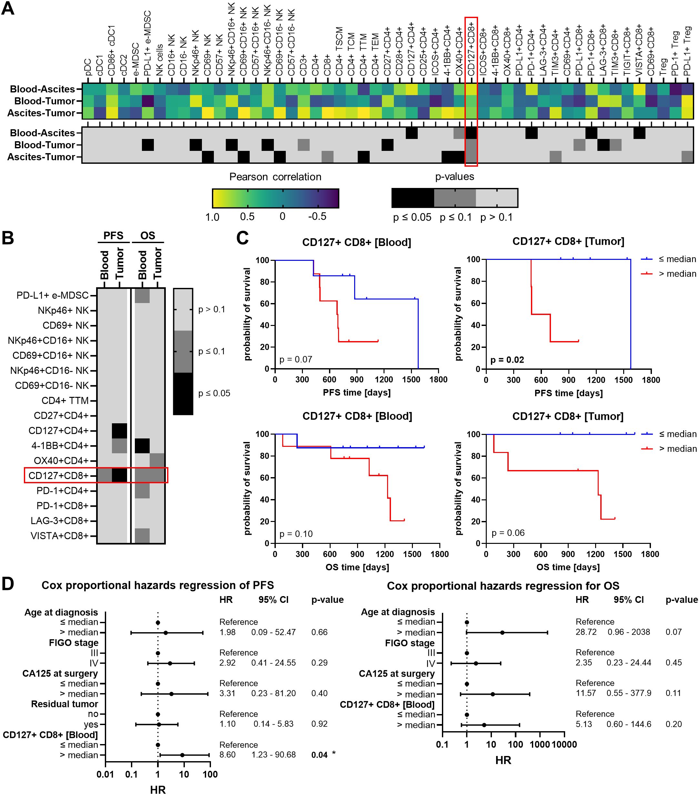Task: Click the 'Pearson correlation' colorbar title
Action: pyautogui.click(x=275, y=177)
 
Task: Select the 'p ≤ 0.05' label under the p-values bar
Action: pyautogui.click(x=412, y=217)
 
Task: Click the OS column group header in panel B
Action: pyautogui.click(x=147, y=235)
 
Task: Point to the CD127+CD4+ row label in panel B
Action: pyautogui.click(x=58, y=431)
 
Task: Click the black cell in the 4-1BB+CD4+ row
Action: pyautogui.click(x=142, y=445)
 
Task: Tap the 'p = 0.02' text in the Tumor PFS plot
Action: pyautogui.click(x=507, y=360)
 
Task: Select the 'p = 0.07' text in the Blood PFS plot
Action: pyautogui.click(x=296, y=359)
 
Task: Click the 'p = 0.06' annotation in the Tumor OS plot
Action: pyautogui.click(x=508, y=533)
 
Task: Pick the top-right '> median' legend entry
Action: pyautogui.click(x=677, y=274)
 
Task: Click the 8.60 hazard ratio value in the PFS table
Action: pyautogui.click(x=227, y=755)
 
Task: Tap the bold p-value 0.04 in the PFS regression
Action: pyautogui.click(x=319, y=755)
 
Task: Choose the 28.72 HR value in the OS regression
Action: pyautogui.click(x=586, y=632)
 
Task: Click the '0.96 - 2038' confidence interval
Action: pyautogui.click(x=629, y=632)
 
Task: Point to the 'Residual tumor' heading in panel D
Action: pyautogui.click(x=65, y=704)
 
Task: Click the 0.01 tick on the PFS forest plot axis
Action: pyautogui.click(x=105, y=774)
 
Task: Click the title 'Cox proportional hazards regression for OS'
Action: pyautogui.click(x=503, y=586)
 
